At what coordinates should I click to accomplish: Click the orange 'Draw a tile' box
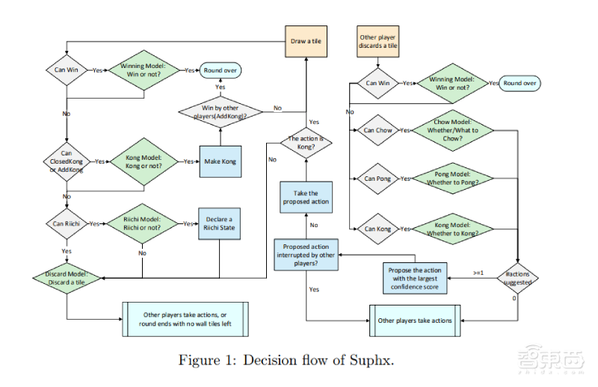[305, 42]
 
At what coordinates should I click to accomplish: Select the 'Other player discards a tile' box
[378, 42]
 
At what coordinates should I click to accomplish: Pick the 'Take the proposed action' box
[305, 197]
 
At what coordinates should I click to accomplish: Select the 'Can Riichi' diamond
[67, 223]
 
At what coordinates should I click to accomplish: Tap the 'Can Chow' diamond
[378, 130]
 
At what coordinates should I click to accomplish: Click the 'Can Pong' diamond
[378, 179]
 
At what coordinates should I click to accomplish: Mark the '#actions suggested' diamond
[517, 278]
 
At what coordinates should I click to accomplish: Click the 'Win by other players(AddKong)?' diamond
[221, 113]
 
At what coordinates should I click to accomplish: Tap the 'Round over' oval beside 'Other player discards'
[522, 83]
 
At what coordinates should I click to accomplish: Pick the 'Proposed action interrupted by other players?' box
[305, 253]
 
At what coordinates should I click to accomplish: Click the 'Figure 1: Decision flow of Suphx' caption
[285, 360]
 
